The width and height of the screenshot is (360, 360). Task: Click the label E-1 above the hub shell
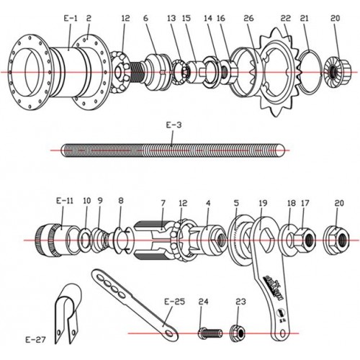(x=70, y=17)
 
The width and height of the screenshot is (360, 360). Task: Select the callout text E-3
(x=174, y=125)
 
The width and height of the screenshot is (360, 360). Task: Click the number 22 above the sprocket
(x=286, y=17)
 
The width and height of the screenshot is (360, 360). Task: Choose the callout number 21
(x=305, y=17)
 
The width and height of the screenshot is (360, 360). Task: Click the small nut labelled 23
(x=238, y=332)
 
